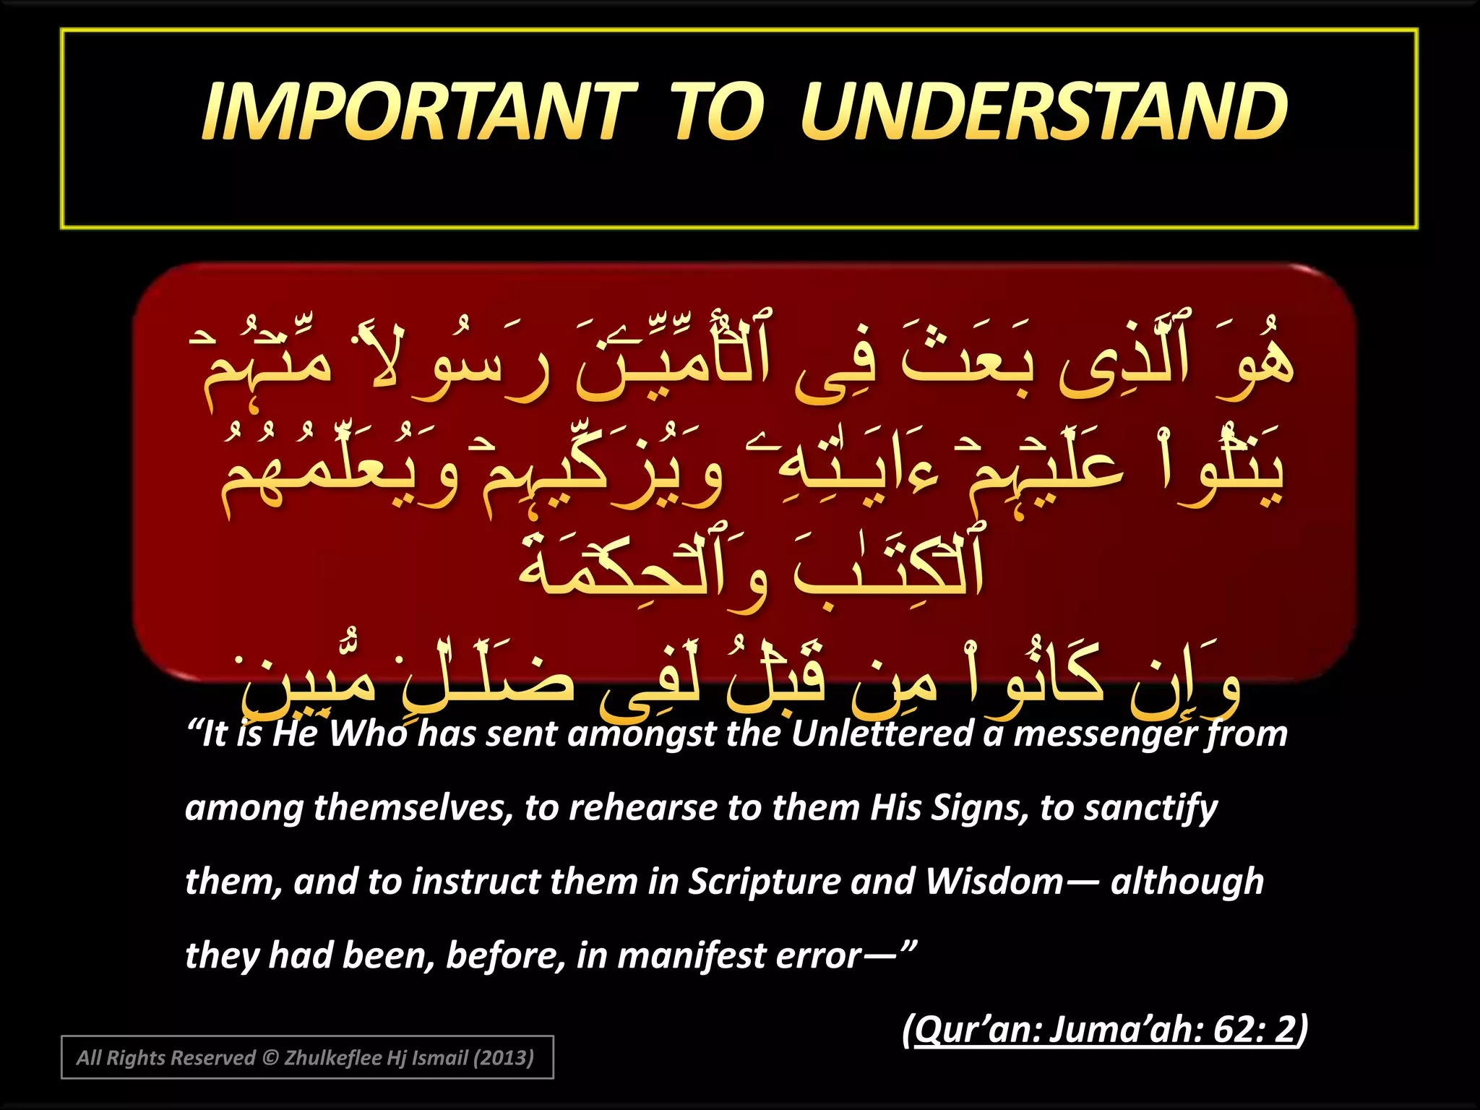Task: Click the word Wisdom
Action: pos(994,882)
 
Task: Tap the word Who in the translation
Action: pos(369,734)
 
